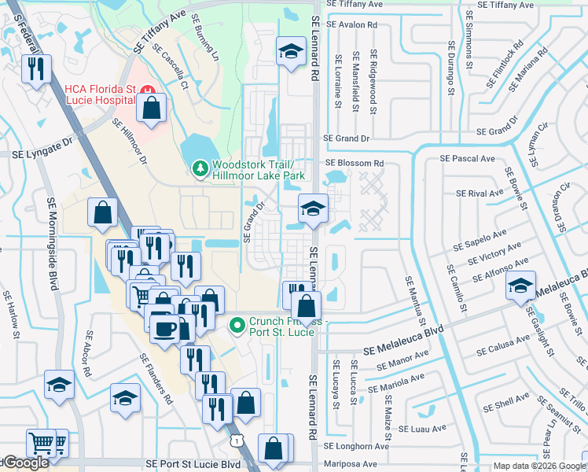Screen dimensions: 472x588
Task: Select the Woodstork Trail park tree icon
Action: [200, 168]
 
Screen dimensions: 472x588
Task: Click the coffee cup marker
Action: [165, 328]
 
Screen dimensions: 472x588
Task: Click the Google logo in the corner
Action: [25, 463]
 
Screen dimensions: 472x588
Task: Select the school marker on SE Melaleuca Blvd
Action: [520, 286]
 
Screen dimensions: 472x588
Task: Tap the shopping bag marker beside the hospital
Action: [152, 109]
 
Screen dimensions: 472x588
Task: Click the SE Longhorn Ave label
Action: [362, 446]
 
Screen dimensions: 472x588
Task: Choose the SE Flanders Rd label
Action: [155, 378]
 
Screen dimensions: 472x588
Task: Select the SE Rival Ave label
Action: [480, 193]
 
